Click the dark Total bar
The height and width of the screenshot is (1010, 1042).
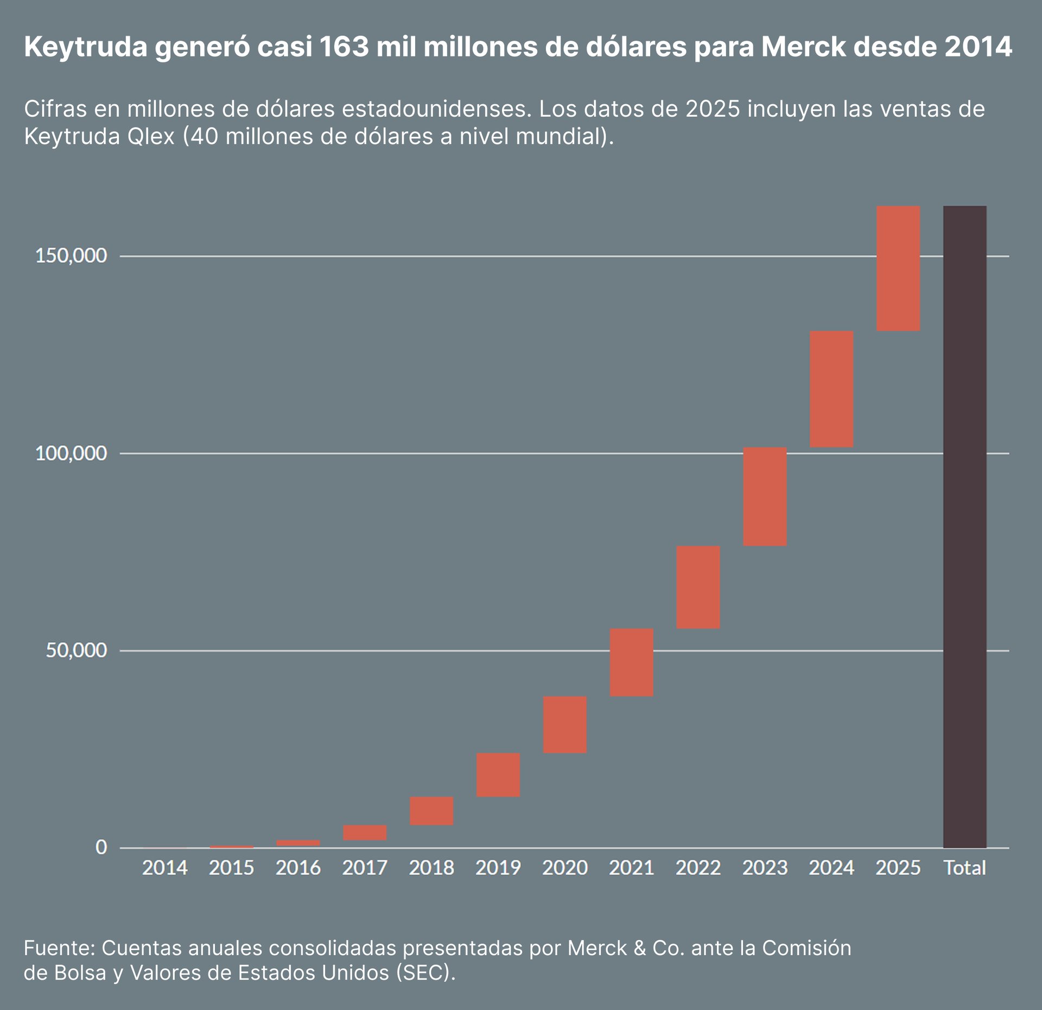(964, 527)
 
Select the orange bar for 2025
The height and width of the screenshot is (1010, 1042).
(898, 268)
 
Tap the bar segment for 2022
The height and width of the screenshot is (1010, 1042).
(698, 587)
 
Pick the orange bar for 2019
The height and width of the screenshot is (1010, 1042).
(498, 774)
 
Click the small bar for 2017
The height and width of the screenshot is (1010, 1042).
(365, 832)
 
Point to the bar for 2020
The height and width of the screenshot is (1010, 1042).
(565, 724)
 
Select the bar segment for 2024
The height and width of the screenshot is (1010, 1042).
(831, 389)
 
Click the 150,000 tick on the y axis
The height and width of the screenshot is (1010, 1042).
(71, 256)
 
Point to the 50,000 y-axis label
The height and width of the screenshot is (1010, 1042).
(76, 650)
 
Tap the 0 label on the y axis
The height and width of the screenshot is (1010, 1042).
(101, 847)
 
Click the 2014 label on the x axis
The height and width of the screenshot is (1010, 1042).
(164, 868)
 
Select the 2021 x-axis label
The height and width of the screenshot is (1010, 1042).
(631, 868)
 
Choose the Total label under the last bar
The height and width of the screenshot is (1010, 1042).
(964, 868)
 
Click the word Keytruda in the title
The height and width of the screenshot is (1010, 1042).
(86, 48)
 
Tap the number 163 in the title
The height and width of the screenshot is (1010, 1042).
(344, 47)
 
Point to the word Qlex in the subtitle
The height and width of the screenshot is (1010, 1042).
(151, 136)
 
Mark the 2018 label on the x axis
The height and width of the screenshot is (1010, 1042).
(431, 868)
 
